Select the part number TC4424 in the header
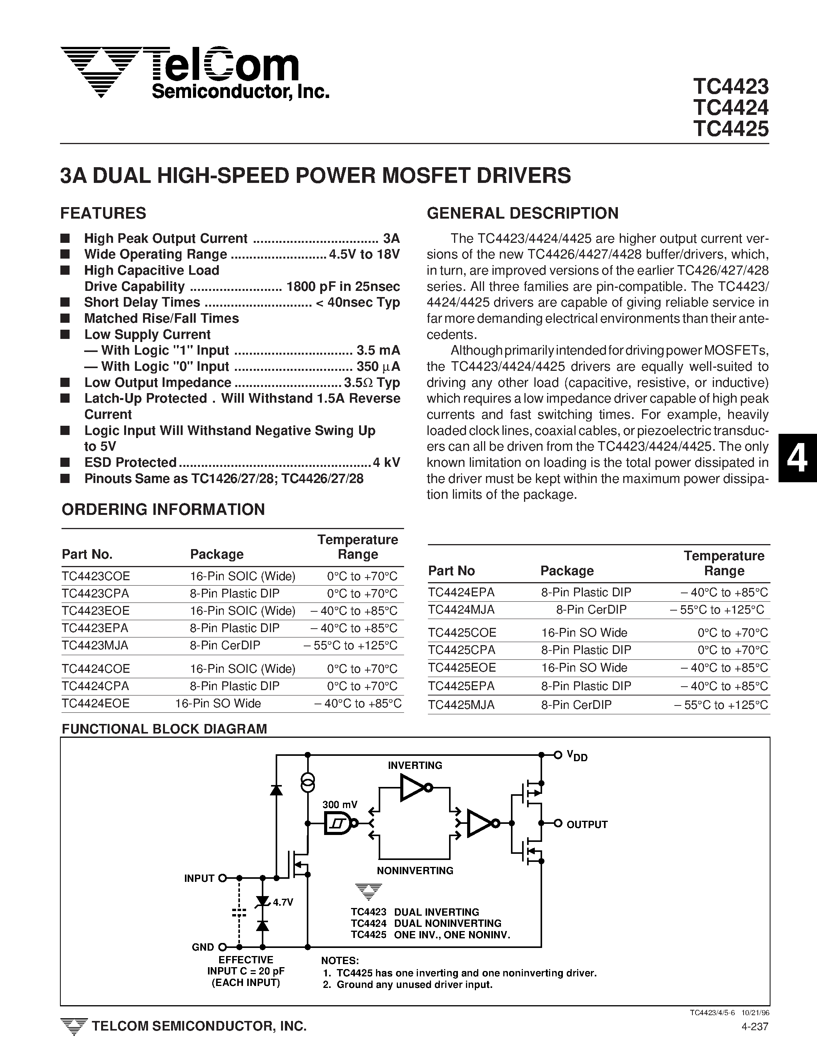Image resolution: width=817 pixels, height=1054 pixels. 730,108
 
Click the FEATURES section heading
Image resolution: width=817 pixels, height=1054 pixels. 103,213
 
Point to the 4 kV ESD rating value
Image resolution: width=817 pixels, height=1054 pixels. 386,462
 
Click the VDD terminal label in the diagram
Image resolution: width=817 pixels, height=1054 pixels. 577,756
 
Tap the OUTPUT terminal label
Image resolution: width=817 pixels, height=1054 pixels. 587,825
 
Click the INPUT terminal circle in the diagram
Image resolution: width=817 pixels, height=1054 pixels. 223,878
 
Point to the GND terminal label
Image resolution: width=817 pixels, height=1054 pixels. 203,947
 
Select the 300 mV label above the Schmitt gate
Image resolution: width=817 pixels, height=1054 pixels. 340,805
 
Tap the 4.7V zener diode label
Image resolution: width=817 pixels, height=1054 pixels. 283,902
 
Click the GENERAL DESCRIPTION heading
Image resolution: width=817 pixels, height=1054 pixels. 522,213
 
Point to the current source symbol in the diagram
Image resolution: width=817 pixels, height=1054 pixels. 308,782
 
